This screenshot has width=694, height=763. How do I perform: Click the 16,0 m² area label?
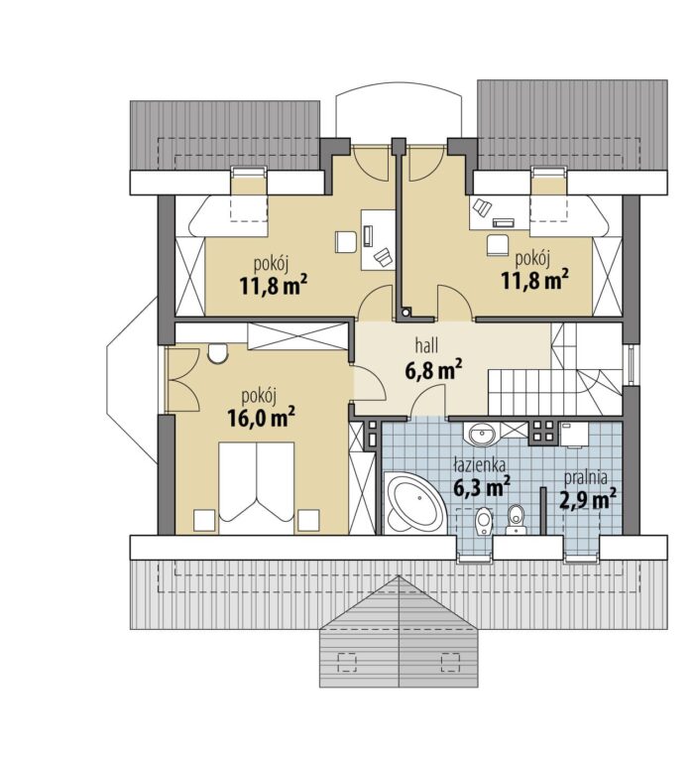tap(261, 418)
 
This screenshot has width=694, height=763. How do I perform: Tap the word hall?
tap(426, 345)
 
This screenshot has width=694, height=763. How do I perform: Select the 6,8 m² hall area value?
tap(433, 370)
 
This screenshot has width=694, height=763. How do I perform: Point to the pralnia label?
tap(586, 479)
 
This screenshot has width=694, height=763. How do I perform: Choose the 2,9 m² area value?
tap(589, 499)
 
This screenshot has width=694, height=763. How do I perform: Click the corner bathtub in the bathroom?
tap(414, 503)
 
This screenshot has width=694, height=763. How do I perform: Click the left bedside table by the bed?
tap(204, 520)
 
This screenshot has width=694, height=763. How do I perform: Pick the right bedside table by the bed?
tap(308, 520)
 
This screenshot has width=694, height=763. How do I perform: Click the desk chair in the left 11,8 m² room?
tap(346, 242)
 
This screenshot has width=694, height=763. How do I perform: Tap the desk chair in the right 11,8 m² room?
tap(497, 245)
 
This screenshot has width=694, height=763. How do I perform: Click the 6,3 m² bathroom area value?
tap(482, 487)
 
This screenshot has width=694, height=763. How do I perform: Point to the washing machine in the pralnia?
tap(574, 434)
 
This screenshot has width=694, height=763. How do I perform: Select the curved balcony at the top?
tap(399, 111)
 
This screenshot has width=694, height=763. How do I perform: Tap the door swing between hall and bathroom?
tap(427, 400)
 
